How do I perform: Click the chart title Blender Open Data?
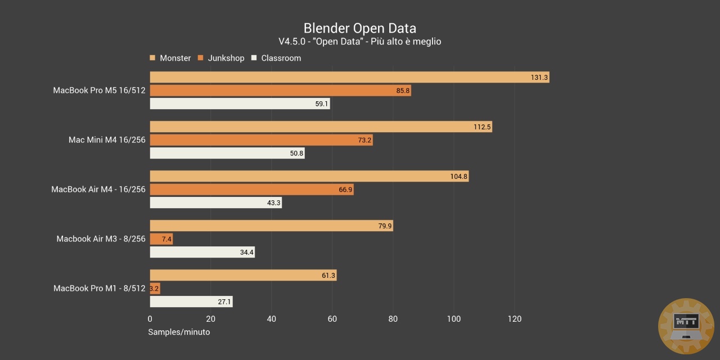[359, 28]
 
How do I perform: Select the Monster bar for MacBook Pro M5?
[349, 77]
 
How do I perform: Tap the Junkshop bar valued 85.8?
[280, 90]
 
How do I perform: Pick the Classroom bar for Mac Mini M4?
[227, 153]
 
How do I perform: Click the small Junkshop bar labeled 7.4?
[161, 239]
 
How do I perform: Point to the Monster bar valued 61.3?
[243, 275]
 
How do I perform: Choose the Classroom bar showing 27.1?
[191, 301]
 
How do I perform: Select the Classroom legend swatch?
[254, 58]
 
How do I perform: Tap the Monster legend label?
[175, 58]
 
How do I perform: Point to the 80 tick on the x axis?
[393, 319]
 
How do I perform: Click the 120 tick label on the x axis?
[514, 319]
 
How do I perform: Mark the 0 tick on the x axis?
[150, 319]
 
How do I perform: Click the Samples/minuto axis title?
[179, 332]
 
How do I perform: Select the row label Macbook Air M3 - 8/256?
[101, 239]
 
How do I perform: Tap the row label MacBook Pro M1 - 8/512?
[99, 289]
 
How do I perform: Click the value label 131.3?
[539, 77]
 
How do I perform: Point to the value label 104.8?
[459, 177]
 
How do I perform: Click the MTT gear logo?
[686, 326]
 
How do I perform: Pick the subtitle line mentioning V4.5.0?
[359, 42]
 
